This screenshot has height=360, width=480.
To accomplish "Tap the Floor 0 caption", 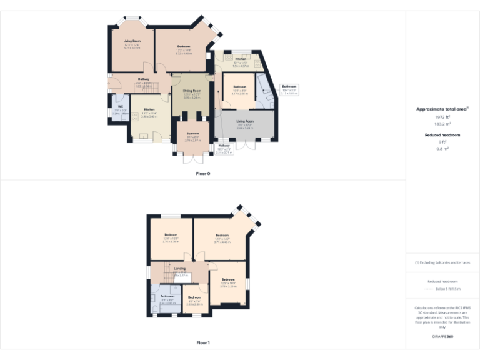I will click(203, 173).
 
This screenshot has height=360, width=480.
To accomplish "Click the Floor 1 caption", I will click(203, 342).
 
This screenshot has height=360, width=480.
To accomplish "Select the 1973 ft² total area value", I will click(442, 117).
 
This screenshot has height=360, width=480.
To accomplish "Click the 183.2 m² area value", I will click(442, 124).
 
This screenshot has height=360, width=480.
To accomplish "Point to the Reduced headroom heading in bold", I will click(442, 135).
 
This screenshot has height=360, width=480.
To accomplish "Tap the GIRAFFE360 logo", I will click(442, 337).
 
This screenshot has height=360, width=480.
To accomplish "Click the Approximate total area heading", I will click(442, 109).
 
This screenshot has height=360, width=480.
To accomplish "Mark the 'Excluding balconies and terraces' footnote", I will click(442, 262).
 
